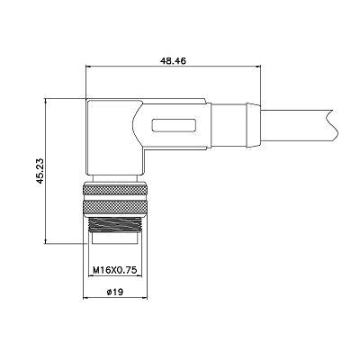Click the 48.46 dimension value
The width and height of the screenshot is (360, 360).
click(173, 61)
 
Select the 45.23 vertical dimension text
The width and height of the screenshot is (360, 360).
click(40, 171)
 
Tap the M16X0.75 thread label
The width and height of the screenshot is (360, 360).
click(115, 270)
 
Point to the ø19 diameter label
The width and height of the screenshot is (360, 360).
click(115, 292)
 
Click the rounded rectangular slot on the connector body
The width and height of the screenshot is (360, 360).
click(175, 125)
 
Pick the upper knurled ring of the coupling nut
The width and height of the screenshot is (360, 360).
click(115, 191)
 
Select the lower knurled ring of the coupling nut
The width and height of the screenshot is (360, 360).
click(115, 207)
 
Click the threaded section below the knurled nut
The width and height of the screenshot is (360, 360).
click(115, 224)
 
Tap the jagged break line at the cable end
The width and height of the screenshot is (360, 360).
click(330, 125)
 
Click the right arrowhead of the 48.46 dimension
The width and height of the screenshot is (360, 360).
click(257, 67)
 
